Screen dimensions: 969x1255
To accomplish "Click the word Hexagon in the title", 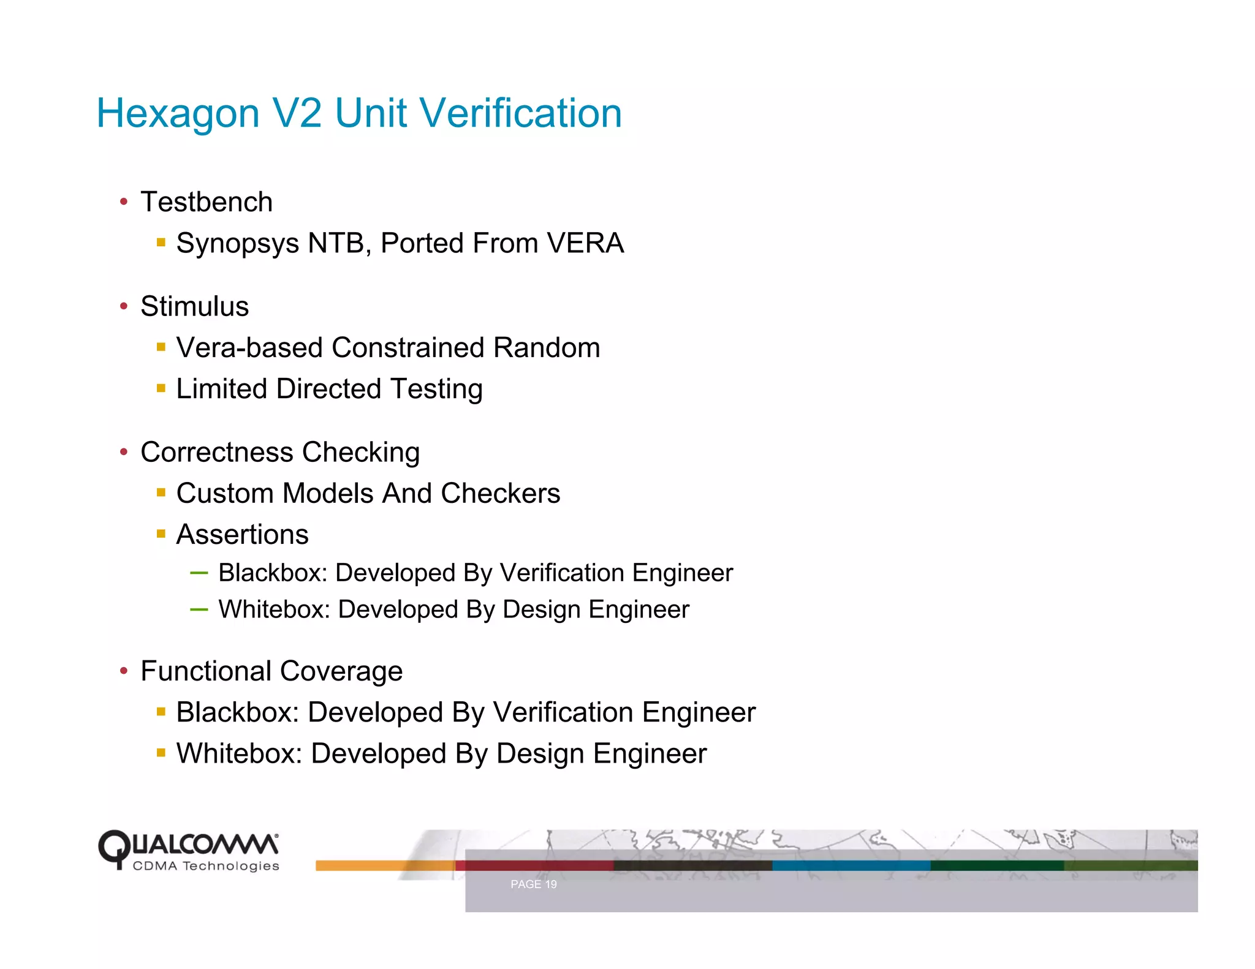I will pyautogui.click(x=178, y=114).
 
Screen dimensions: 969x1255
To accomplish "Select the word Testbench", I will pyautogui.click(x=207, y=202).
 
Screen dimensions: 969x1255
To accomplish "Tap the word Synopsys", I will pyautogui.click(x=238, y=244).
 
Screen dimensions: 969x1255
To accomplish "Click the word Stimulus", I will pyautogui.click(x=194, y=306).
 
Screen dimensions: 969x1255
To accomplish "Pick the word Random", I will pyautogui.click(x=547, y=348).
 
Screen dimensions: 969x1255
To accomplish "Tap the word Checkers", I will pyautogui.click(x=500, y=494).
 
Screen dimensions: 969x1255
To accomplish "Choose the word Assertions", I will pyautogui.click(x=242, y=535).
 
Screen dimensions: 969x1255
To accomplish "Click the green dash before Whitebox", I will pyautogui.click(x=199, y=609).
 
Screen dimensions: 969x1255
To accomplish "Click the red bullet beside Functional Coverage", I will pyautogui.click(x=124, y=671).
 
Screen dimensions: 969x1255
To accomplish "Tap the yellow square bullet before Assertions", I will pyautogui.click(x=161, y=534).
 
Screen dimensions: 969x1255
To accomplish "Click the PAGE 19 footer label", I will pyautogui.click(x=533, y=884).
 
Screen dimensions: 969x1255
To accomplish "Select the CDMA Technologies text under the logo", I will pyautogui.click(x=206, y=866).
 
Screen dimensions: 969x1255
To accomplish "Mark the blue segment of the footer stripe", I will pyautogui.click(x=851, y=865).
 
